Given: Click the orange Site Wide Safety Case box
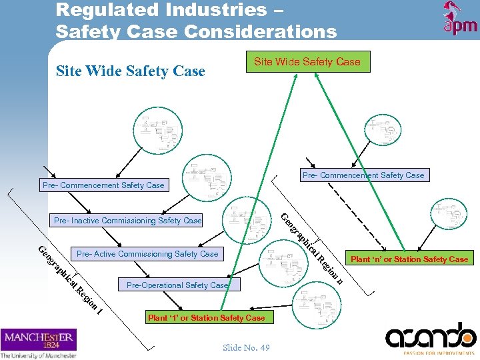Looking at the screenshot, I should [307, 62].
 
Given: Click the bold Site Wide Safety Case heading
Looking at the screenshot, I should [130, 71].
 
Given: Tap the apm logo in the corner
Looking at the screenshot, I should [460, 18].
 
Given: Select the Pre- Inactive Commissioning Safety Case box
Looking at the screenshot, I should [127, 220].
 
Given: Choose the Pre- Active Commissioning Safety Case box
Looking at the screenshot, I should [147, 254].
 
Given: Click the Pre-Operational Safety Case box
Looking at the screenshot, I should [177, 285].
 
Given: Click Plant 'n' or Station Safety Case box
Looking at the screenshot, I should [409, 259].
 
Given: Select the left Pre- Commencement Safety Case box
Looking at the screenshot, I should [103, 185].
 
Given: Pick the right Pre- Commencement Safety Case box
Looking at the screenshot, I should [363, 175].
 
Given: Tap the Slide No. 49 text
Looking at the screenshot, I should [246, 347].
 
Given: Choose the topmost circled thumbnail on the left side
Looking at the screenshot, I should [157, 127].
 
